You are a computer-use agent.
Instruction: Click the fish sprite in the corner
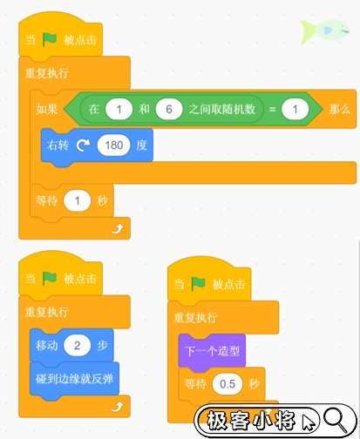pos(325,31)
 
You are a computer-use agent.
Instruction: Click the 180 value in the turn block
pos(114,145)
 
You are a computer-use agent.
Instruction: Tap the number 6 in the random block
pos(169,109)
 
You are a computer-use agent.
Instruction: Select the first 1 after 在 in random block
pos(119,109)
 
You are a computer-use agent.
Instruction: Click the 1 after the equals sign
pos(295,109)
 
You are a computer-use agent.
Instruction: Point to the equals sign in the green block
pos(272,109)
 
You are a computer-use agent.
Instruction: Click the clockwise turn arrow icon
pos(83,145)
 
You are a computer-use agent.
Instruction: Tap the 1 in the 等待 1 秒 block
pos(78,200)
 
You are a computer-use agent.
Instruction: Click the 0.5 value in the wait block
pos(228,384)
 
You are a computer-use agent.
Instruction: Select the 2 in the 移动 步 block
pos(78,345)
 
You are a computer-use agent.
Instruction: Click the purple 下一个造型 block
pos(212,351)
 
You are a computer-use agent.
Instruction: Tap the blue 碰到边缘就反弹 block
pos(74,379)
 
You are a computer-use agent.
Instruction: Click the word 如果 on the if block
pos(47,109)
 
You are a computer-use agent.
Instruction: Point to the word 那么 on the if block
pos(339,109)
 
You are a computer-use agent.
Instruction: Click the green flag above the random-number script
pos(50,39)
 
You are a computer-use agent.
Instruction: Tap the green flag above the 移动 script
pos(50,278)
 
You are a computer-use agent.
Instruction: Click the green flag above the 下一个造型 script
pos(198,284)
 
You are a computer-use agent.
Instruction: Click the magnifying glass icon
pos(336,419)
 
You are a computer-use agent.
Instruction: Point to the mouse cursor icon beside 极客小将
pos(309,422)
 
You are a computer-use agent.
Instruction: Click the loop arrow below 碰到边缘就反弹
pos(118,407)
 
